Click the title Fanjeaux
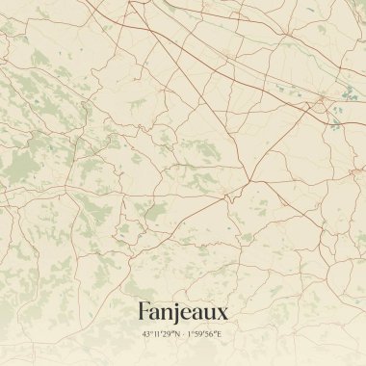(183, 312)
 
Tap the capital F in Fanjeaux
(144, 312)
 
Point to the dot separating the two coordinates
(183, 334)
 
